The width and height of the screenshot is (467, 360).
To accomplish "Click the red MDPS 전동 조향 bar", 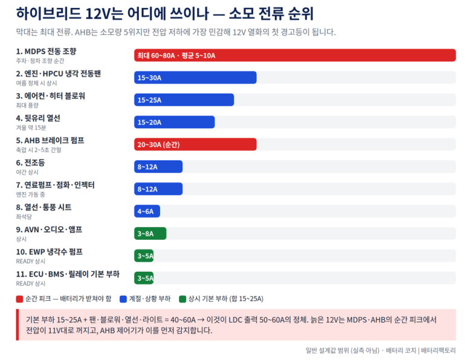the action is [x=295, y=56].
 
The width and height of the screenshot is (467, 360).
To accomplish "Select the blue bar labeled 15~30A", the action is [x=195, y=78].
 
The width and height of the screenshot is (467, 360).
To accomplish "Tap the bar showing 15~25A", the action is [x=184, y=100].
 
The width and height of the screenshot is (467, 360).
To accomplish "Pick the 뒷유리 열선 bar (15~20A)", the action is [x=174, y=122].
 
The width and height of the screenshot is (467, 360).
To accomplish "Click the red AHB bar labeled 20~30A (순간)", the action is [x=195, y=144].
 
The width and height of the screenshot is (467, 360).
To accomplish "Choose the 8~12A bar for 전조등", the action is [x=158, y=167].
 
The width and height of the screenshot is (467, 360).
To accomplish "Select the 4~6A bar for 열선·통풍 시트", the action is [x=147, y=211].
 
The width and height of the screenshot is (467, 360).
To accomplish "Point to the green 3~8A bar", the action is [x=150, y=233].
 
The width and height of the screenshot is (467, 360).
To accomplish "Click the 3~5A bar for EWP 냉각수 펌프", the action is [x=144, y=256].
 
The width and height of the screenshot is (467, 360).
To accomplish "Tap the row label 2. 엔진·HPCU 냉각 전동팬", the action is [x=59, y=74].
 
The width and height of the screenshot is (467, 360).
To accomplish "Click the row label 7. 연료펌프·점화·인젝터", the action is [x=55, y=185].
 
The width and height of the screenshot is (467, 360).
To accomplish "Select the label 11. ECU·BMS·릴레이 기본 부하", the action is [x=68, y=274].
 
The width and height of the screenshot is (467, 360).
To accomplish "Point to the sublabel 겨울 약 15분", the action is [x=31, y=127].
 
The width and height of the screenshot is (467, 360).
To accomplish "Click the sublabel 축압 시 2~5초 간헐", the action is [x=39, y=150].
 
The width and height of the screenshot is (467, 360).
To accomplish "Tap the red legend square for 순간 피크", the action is [x=20, y=299].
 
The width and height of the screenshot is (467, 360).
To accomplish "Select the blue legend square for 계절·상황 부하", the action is [x=123, y=299].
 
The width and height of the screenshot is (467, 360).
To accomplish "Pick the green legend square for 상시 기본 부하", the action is [x=182, y=299].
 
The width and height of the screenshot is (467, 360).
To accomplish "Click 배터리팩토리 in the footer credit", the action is [x=439, y=350].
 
